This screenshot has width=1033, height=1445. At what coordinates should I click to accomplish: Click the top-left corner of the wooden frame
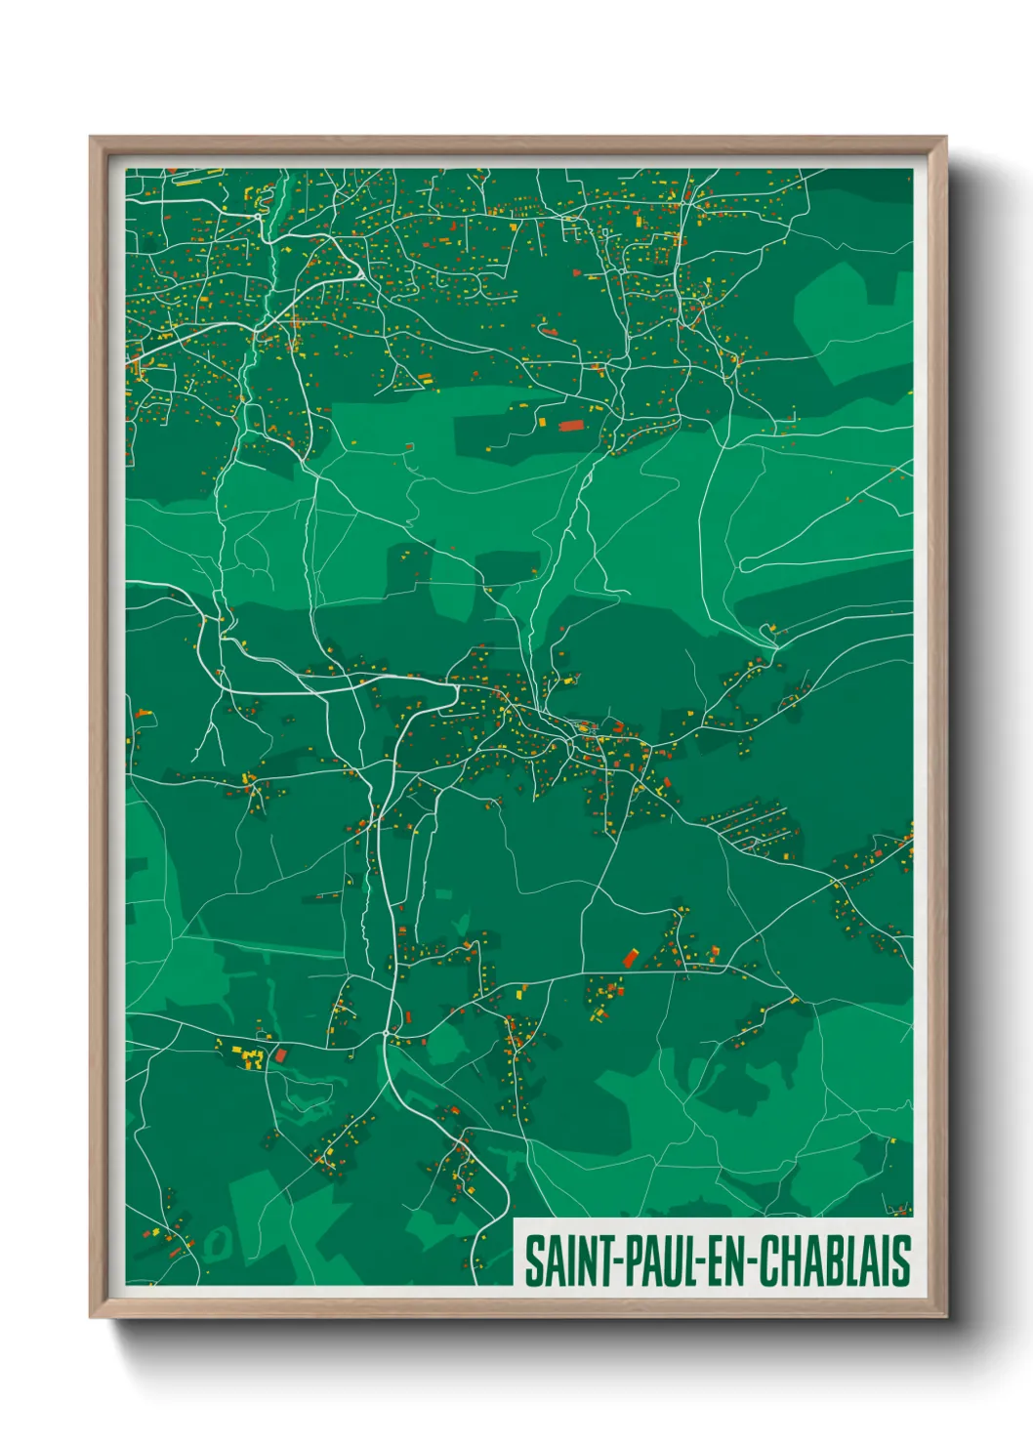coord(91,138)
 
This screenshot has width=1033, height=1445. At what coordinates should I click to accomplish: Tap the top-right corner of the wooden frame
coord(946,138)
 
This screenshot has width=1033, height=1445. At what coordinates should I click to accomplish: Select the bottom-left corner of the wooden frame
coord(91,1317)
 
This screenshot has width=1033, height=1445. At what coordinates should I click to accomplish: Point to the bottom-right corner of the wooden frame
coord(946,1317)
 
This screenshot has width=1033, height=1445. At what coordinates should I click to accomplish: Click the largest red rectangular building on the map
coord(569,425)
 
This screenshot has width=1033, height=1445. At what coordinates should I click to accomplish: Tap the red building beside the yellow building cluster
coord(281,1055)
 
